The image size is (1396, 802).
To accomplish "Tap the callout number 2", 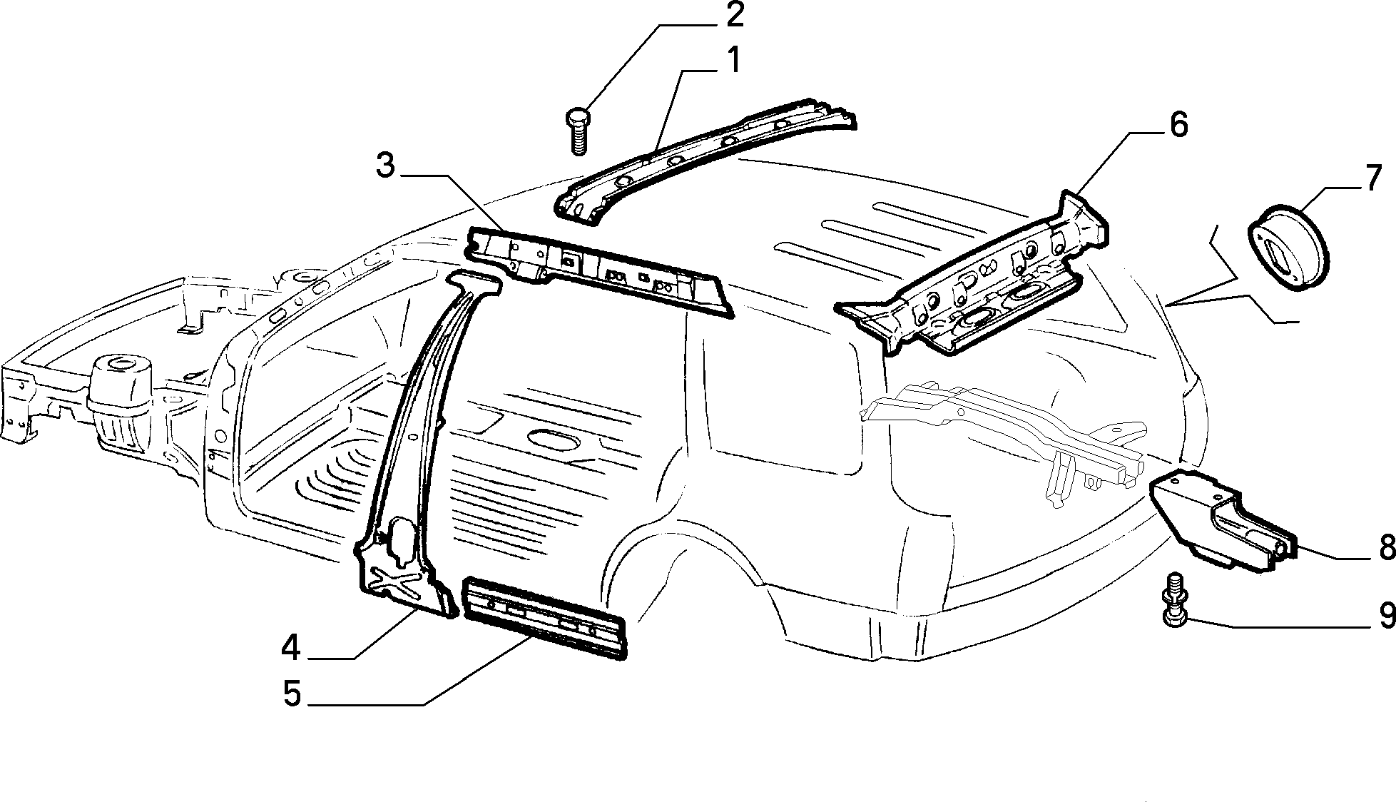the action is pos(733,16).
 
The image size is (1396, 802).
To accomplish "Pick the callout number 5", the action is pos(292,693).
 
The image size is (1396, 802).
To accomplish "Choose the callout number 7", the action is pos(1374,178).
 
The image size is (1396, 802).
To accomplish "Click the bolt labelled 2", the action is pos(577,131).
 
